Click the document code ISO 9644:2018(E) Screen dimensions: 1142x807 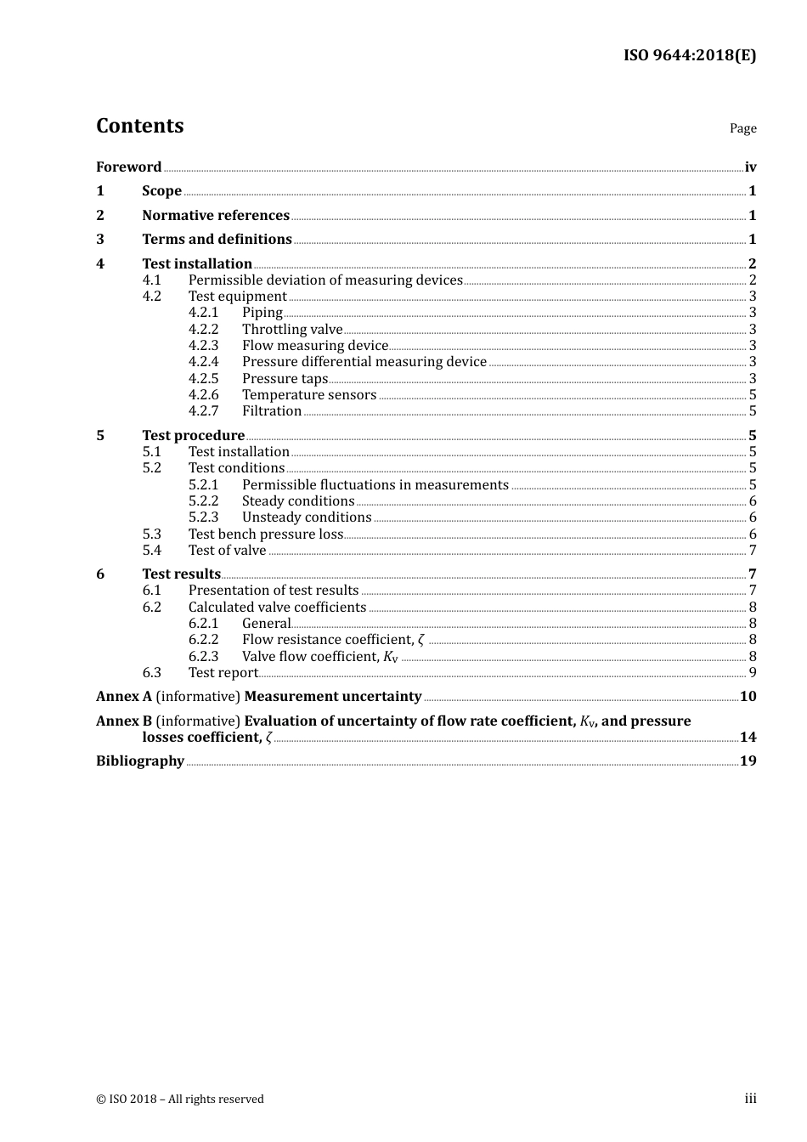[689, 55]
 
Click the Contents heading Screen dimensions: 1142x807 [139, 126]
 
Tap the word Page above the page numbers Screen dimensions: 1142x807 [742, 128]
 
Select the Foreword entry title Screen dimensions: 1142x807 [128, 167]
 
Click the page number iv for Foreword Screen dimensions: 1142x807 [750, 167]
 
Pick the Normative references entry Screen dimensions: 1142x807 [216, 216]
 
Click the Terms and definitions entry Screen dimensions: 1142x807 [217, 240]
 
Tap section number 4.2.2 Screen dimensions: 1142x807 [203, 330]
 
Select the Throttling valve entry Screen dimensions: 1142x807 [292, 330]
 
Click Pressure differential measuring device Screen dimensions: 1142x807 [364, 362]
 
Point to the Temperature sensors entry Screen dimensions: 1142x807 [308, 395]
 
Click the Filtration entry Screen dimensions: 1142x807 [272, 411]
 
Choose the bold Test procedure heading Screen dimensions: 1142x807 [193, 436]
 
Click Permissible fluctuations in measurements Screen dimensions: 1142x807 [375, 485]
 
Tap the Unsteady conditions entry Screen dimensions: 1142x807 [307, 517]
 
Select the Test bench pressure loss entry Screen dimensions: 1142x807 [265, 534]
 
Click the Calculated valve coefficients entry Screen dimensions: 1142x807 [277, 608]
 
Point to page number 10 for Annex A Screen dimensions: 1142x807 [748, 697]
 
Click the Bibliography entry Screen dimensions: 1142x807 [140, 761]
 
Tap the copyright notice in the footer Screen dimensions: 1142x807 [180, 1100]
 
